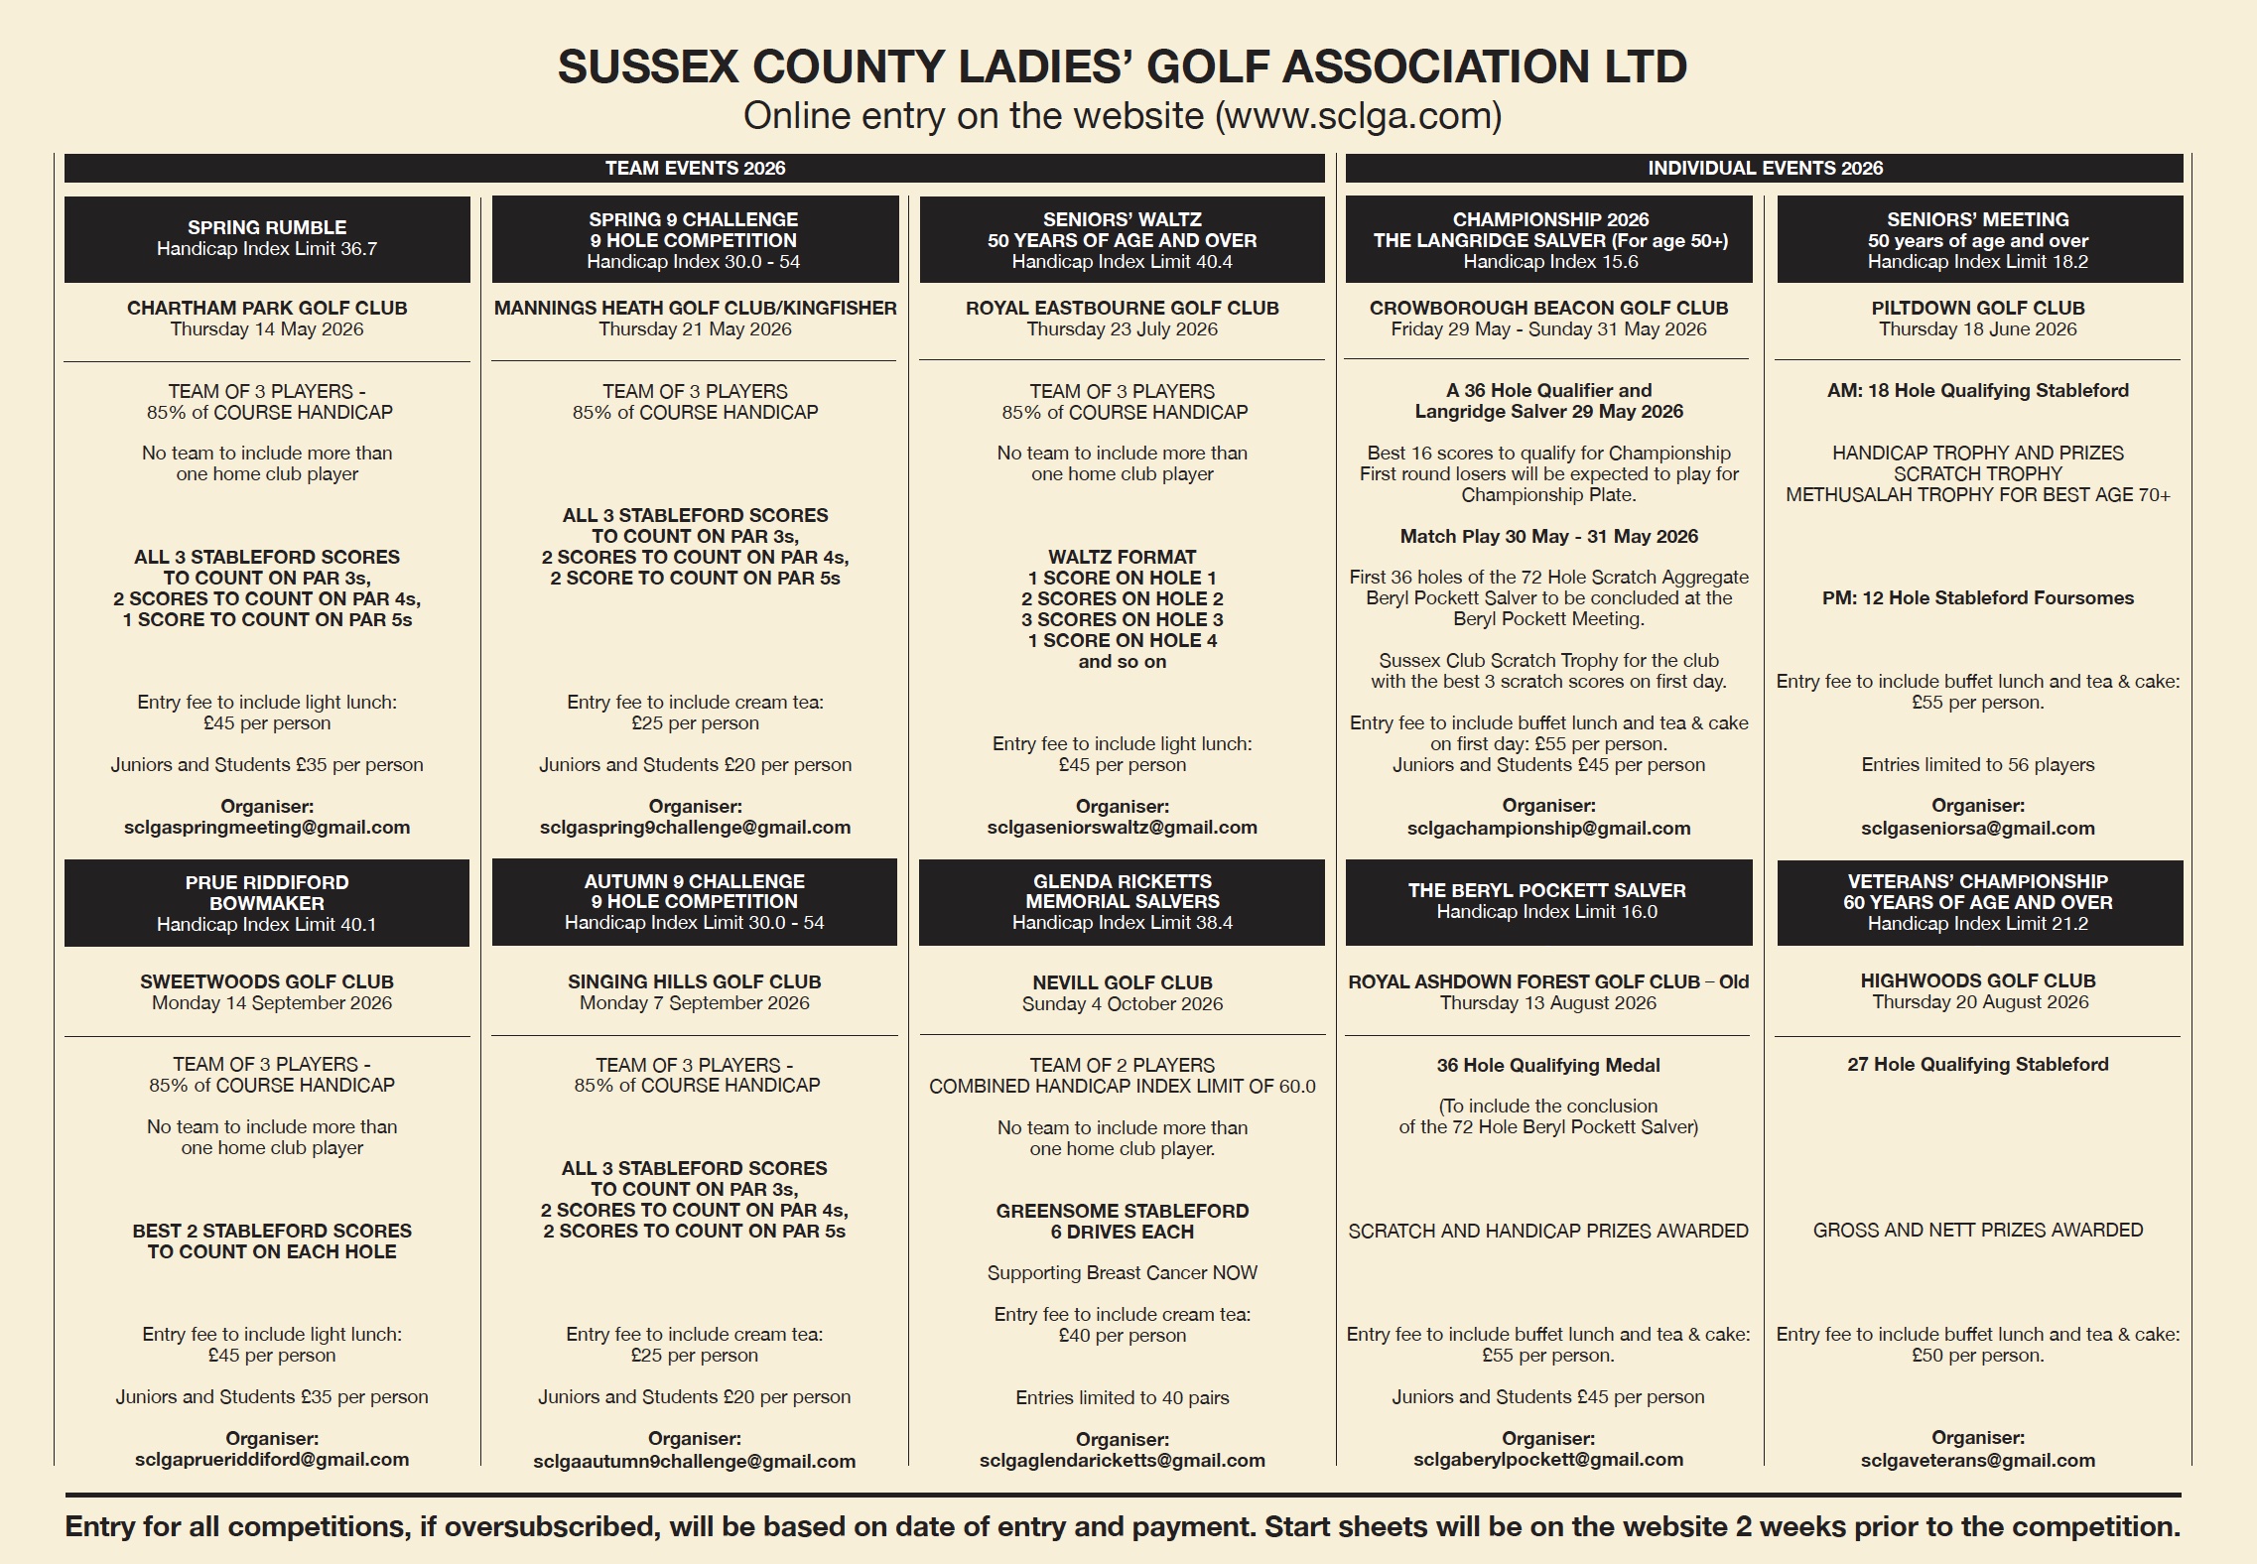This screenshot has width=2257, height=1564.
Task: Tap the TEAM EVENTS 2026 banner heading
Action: point(695,168)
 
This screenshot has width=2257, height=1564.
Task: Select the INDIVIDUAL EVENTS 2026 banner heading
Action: point(1765,168)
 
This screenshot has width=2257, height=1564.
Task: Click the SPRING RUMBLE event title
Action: point(267,227)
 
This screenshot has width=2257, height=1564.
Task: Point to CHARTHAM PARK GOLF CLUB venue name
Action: point(267,308)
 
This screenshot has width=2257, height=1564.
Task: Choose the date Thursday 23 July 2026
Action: point(1122,329)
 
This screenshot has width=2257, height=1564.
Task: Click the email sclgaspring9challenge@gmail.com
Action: point(695,828)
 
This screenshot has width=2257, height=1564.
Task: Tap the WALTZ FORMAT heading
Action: point(1122,557)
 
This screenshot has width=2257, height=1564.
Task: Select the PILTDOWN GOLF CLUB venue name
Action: point(1977,308)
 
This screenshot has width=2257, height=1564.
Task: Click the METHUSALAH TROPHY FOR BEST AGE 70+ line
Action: point(1977,494)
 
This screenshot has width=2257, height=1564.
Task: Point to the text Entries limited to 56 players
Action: point(1977,765)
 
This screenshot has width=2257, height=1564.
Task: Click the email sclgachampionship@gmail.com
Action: point(1548,828)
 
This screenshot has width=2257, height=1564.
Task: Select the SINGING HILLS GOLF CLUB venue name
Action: point(694,981)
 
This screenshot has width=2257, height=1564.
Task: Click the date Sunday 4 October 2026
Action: point(1122,1003)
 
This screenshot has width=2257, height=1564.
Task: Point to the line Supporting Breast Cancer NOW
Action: point(1122,1272)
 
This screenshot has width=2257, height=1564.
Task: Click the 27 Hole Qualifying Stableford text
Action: point(1977,1064)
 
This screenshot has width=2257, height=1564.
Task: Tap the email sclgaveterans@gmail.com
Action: point(1977,1460)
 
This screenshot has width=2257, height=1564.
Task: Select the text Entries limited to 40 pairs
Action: point(1122,1397)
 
